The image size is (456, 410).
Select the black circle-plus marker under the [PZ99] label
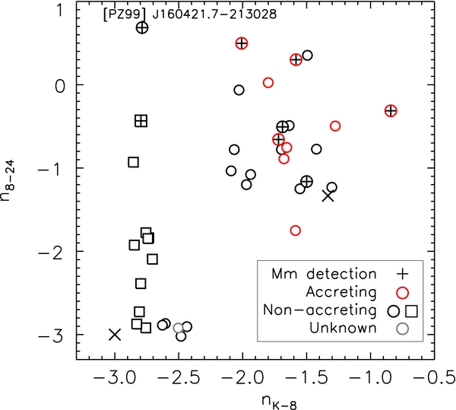tap(142, 27)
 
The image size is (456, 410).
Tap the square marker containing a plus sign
tap(141, 120)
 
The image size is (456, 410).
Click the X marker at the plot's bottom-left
tap(115, 334)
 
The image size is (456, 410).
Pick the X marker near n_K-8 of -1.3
tap(328, 195)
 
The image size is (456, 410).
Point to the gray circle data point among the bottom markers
tap(179, 329)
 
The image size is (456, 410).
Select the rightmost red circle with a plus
tap(391, 111)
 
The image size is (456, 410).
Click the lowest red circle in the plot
tap(296, 230)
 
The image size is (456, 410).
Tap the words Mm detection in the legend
tap(327, 274)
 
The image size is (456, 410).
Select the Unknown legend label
tap(349, 328)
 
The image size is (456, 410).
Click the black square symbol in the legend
tap(412, 310)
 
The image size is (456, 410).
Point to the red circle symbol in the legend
tap(404, 292)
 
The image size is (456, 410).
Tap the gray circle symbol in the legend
tap(404, 328)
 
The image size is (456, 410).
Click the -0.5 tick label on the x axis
tap(429, 375)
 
